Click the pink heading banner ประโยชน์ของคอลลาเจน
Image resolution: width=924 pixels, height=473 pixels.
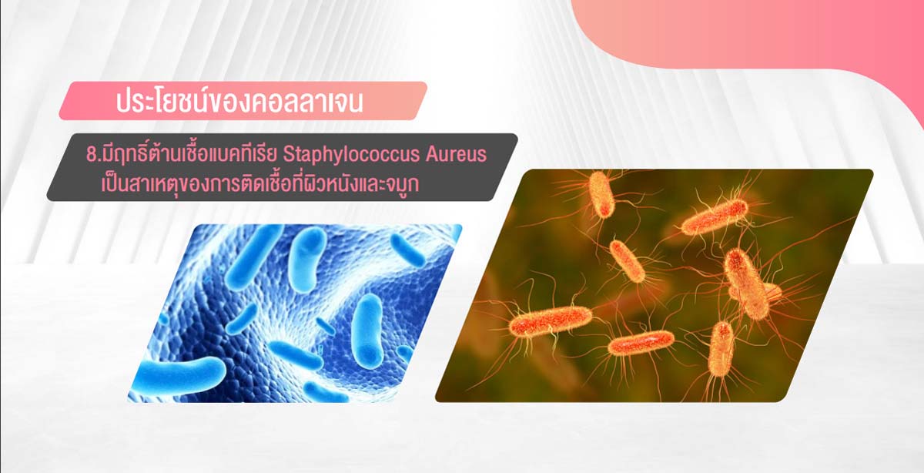[x=243, y=101]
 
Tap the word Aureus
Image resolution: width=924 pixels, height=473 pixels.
[x=456, y=154]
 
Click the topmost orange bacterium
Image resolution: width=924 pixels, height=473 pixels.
[x=602, y=194]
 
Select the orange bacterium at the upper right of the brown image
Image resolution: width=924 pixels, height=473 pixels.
[x=714, y=217]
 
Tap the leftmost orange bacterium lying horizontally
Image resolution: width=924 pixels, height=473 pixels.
[x=551, y=321]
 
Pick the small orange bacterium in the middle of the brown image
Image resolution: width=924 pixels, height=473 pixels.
[x=627, y=261]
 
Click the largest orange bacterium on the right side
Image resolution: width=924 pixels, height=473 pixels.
[x=747, y=284]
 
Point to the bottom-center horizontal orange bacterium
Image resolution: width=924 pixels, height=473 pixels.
[x=641, y=343]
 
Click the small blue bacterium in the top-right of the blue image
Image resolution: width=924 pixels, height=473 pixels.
[x=407, y=250]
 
